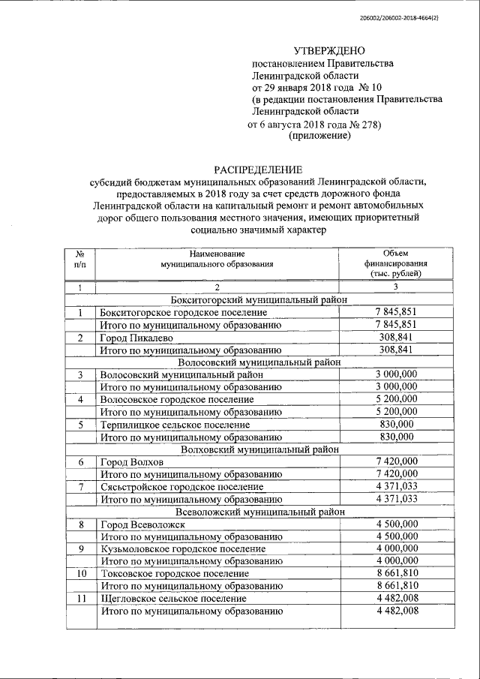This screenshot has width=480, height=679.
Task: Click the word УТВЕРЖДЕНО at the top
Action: tap(328, 51)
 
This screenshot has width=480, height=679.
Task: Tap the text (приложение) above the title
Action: tap(319, 136)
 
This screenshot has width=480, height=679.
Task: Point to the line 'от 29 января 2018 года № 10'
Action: tap(313, 88)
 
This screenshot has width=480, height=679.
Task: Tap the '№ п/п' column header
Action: tap(80, 260)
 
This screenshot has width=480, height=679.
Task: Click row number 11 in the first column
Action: tap(80, 599)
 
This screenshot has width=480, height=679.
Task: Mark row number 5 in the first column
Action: tap(80, 425)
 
